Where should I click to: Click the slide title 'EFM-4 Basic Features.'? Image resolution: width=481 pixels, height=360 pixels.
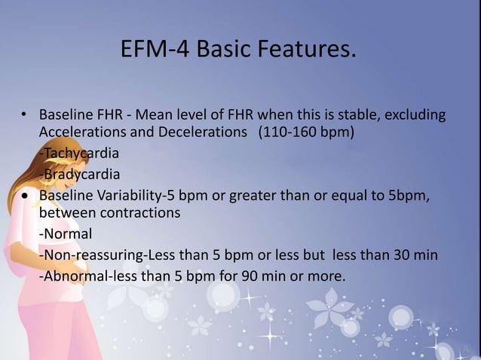(237, 50)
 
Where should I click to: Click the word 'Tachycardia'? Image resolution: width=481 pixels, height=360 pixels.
(80, 154)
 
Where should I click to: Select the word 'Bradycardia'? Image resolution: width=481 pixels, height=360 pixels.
(80, 175)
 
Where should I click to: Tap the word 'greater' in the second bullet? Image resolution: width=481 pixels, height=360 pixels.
(255, 196)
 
